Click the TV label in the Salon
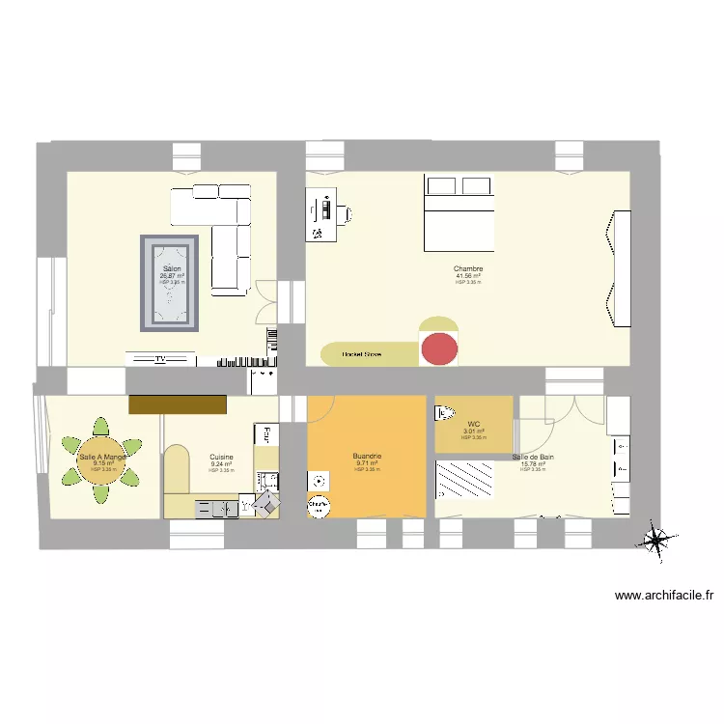click(161, 359)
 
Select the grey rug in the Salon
click(173, 282)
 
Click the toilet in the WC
click(444, 413)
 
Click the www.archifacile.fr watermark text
click(669, 596)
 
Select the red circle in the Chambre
click(440, 348)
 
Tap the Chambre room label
click(468, 268)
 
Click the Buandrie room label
click(367, 456)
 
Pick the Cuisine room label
click(221, 457)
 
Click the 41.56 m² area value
click(468, 276)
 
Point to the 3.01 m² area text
click(473, 431)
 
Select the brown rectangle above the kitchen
click(177, 405)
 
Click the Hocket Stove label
click(361, 355)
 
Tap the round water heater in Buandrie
click(318, 504)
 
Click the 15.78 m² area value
click(533, 463)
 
